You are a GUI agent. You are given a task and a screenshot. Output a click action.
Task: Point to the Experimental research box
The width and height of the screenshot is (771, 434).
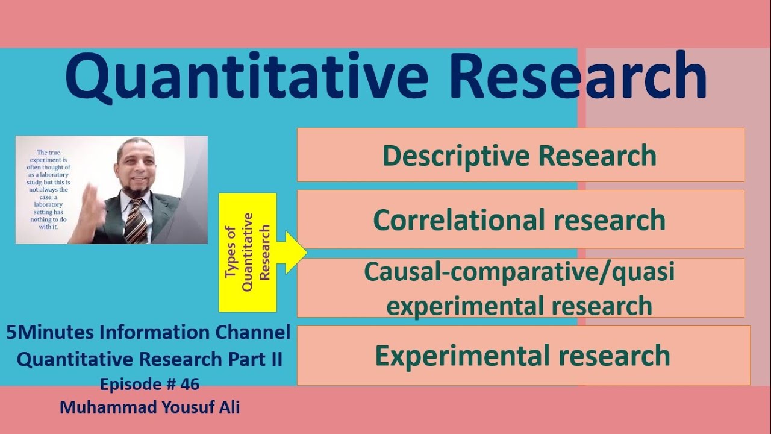[x=523, y=355]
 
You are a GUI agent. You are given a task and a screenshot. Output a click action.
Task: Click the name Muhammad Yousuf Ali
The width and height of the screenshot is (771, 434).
[x=150, y=407]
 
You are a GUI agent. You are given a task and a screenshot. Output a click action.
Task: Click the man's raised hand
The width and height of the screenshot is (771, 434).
[x=90, y=207]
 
